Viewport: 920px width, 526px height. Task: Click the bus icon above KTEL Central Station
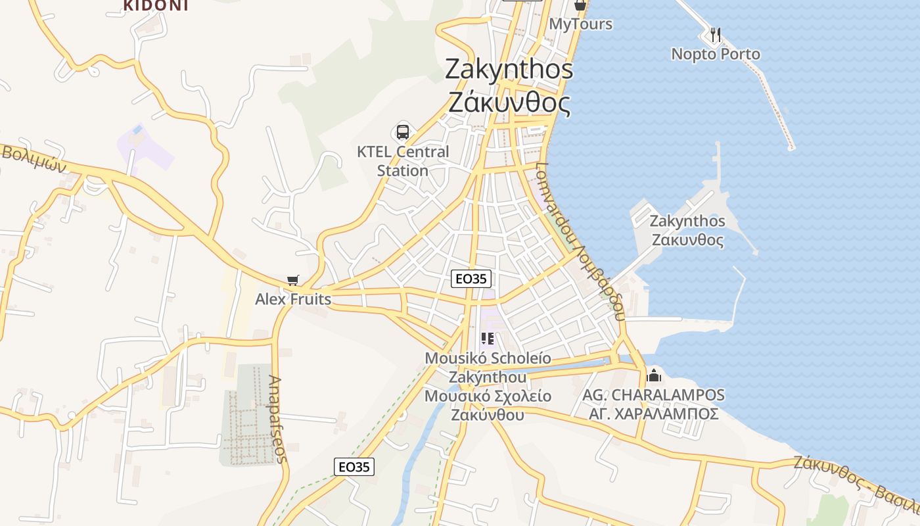tap(402, 132)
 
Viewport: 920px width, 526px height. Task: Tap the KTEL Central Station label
tap(403, 161)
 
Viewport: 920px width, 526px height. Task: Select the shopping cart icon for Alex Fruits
tap(293, 281)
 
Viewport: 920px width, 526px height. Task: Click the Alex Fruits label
tap(293, 299)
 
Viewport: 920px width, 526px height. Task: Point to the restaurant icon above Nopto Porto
tap(716, 34)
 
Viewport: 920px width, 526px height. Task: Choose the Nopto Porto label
tap(716, 54)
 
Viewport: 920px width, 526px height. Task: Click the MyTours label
tap(581, 24)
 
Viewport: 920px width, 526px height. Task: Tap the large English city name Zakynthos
tap(509, 69)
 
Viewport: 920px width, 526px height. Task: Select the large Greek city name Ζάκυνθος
tap(509, 102)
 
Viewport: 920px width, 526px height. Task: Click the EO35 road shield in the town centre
tap(472, 279)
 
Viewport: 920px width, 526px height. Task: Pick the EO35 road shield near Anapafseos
tap(354, 467)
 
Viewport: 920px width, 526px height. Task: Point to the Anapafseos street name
tap(279, 419)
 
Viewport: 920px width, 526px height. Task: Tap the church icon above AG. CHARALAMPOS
tap(654, 376)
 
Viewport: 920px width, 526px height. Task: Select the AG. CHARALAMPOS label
tap(654, 395)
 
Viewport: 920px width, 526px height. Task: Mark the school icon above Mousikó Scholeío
tap(488, 339)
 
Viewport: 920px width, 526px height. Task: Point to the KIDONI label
tap(156, 6)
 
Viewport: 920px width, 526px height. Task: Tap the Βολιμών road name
tap(34, 158)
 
